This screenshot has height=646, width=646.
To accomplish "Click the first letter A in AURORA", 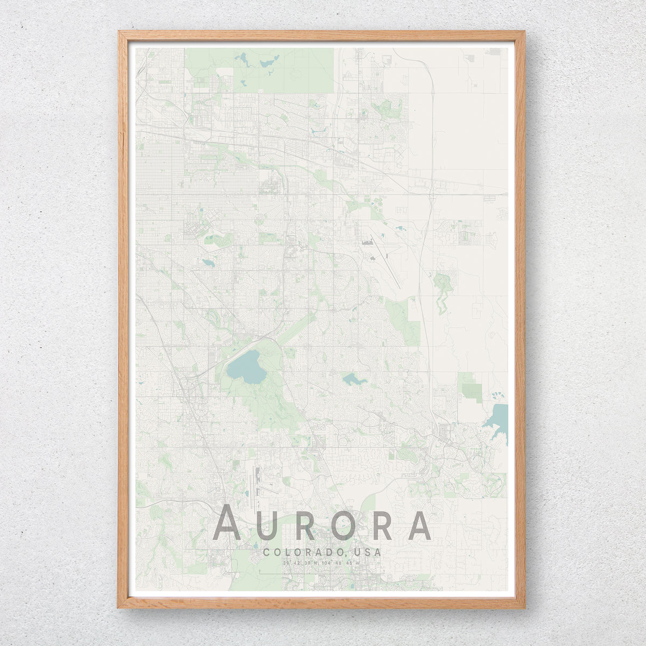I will pos(227,522).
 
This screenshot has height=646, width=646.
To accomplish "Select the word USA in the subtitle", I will pos(368,552).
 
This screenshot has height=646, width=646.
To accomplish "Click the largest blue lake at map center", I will pos(246,367).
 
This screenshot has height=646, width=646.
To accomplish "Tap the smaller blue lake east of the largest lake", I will pos(353,380).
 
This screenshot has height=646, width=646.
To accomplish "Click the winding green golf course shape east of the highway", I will pos(443,291).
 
